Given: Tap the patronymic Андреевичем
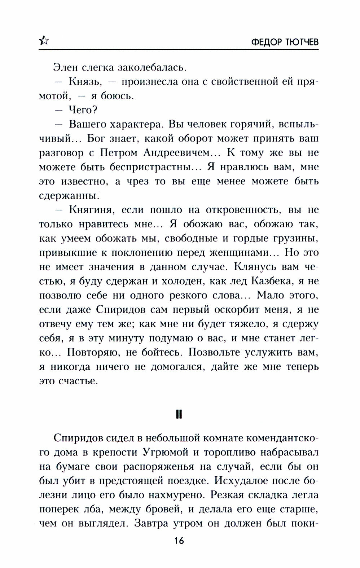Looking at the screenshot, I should point(180,153).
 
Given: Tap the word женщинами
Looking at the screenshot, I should point(235,252).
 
